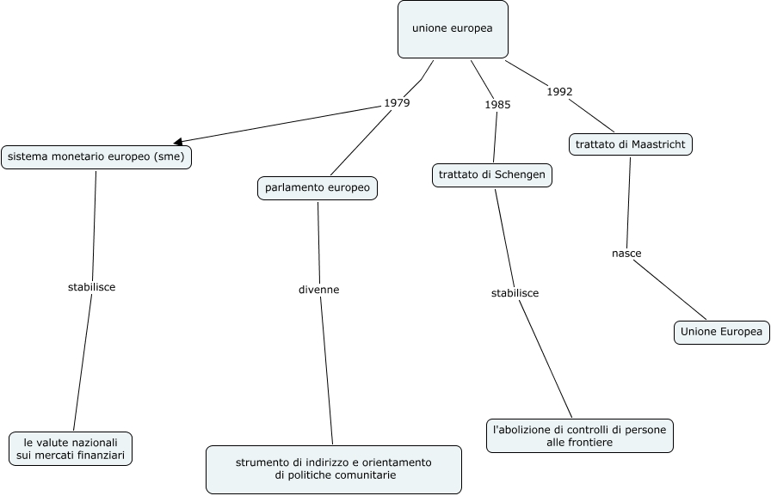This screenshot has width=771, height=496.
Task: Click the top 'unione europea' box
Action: click(453, 29)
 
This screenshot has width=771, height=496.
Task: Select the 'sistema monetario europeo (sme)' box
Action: click(96, 157)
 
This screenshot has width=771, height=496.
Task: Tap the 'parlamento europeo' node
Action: click(318, 187)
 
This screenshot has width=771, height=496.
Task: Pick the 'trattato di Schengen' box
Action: click(491, 175)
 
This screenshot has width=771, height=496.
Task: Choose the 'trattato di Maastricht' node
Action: click(631, 144)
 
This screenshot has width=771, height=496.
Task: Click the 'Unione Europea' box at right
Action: click(721, 332)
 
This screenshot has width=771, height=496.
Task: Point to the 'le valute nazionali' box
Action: click(71, 448)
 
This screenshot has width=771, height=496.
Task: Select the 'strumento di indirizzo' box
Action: click(333, 469)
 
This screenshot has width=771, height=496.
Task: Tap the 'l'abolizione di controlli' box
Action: click(579, 435)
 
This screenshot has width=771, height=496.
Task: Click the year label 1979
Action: click(397, 103)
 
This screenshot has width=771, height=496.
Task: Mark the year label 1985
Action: click(497, 105)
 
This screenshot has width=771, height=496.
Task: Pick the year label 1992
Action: click(559, 92)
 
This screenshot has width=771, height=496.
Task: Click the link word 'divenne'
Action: click(319, 290)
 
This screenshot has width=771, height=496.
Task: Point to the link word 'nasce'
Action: click(626, 254)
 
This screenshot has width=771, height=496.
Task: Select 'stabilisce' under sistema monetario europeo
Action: click(91, 287)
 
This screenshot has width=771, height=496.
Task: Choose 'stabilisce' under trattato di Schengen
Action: click(515, 293)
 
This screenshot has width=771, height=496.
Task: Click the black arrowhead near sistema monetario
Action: click(177, 141)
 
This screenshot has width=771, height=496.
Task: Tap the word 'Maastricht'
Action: click(658, 144)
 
